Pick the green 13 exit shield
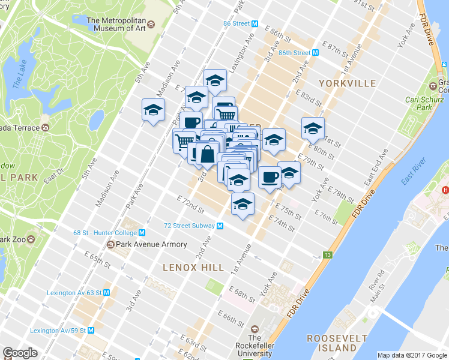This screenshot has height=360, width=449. coord(327,255)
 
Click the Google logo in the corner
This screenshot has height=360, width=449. coord(20,353)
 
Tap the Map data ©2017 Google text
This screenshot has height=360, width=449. coord(412,355)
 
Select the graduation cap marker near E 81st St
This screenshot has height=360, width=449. coord(313,128)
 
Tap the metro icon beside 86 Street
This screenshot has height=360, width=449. coord(255,23)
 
